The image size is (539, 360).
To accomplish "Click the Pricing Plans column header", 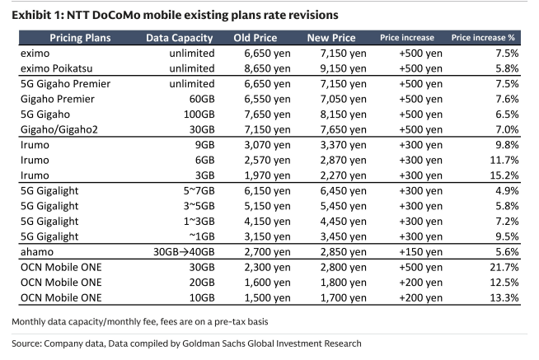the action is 80,38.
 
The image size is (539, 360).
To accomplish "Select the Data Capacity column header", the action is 179,38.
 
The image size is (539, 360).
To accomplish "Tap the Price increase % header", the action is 483,37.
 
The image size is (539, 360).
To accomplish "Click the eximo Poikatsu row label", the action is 56,68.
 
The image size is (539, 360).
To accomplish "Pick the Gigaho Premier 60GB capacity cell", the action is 202,99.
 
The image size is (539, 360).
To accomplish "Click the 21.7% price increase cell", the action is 504,267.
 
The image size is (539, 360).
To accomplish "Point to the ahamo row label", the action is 37,252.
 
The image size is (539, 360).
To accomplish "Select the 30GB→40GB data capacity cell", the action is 184,252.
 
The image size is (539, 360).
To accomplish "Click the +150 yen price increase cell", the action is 420,252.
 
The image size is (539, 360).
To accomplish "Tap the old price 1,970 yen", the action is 267,175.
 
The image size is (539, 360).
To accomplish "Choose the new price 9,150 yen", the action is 343,68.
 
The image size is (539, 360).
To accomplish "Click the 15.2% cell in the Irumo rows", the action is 504,175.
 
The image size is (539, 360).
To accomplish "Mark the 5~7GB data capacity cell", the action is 199,190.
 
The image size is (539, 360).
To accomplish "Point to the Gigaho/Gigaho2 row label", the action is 59,129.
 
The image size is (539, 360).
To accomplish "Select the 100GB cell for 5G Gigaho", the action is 199,115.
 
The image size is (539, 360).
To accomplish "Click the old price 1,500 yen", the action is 267,297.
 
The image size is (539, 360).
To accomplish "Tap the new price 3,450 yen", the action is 343,236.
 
